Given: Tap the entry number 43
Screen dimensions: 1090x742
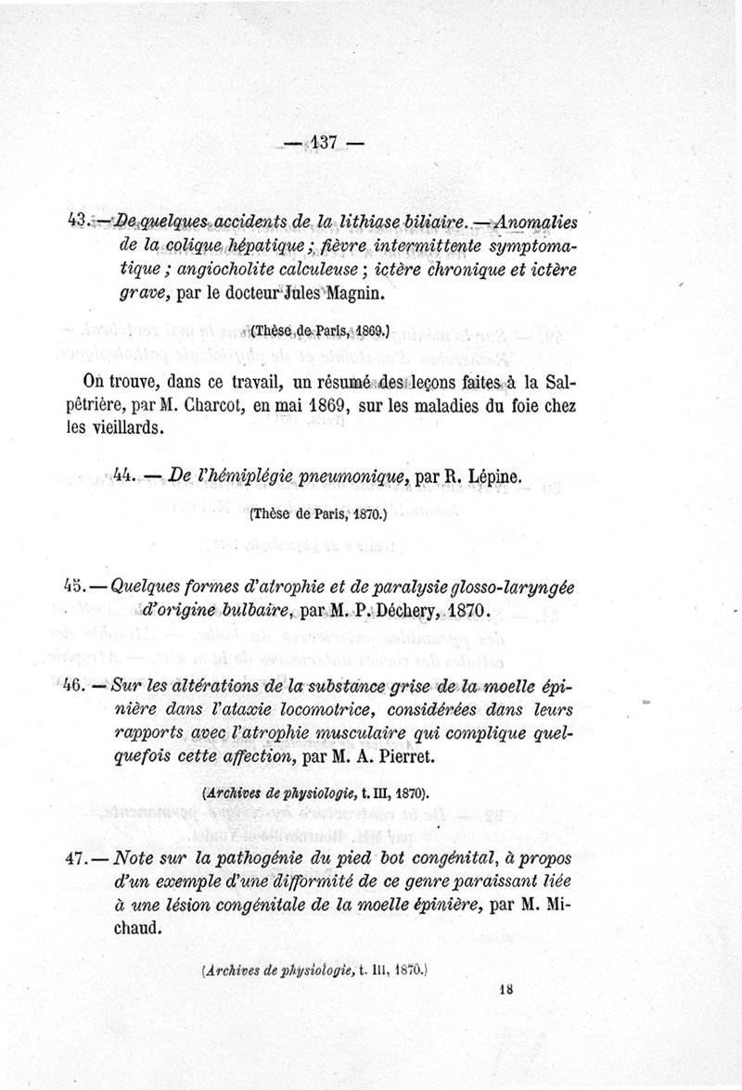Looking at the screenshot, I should (x=78, y=221).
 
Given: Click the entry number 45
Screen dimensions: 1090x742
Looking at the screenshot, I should (x=77, y=586).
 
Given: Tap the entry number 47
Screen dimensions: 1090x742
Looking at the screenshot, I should (x=78, y=858).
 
